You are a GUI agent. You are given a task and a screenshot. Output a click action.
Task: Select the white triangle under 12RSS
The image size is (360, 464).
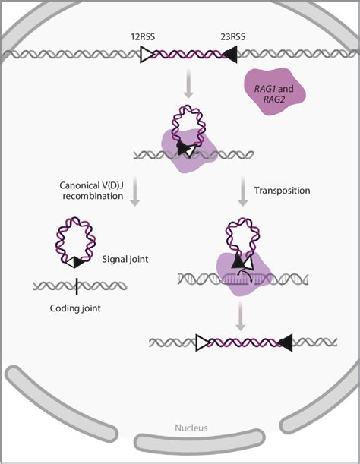click(x=147, y=54)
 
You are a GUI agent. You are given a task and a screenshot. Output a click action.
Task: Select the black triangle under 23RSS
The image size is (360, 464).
click(x=229, y=54)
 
